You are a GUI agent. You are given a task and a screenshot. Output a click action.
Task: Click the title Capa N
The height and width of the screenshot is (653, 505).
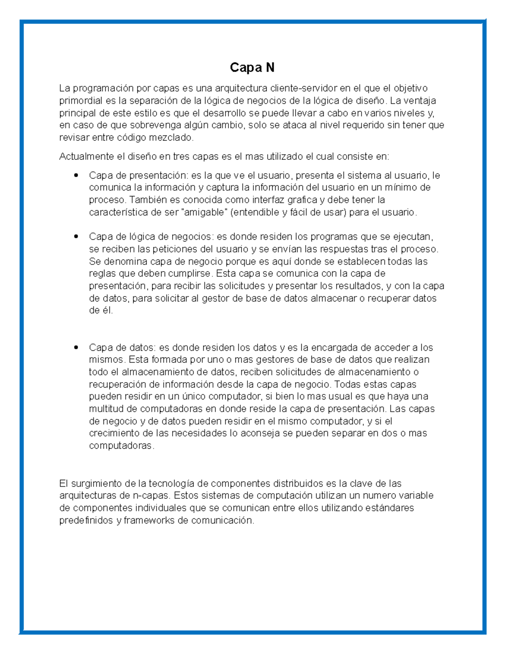tap(252, 67)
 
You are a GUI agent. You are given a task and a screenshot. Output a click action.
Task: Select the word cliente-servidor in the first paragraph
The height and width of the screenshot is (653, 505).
tap(303, 88)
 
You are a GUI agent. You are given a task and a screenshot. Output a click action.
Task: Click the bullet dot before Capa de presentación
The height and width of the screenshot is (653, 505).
tap(76, 175)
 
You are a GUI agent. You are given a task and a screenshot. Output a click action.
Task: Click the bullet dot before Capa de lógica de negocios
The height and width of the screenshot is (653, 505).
tap(76, 237)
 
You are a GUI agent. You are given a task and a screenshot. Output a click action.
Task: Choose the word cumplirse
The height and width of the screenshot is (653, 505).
tap(191, 274)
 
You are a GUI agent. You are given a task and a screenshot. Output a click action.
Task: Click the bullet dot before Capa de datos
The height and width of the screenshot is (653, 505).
tap(76, 348)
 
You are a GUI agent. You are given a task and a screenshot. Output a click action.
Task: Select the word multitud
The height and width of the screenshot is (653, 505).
tap(107, 409)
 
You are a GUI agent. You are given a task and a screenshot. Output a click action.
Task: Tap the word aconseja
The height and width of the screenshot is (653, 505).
tap(260, 434)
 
